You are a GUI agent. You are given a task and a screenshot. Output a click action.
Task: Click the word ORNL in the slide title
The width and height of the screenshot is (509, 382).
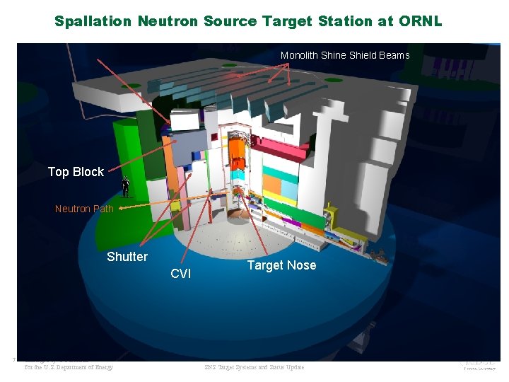point(420,21)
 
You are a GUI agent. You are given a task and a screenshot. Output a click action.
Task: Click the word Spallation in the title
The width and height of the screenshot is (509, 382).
point(93,21)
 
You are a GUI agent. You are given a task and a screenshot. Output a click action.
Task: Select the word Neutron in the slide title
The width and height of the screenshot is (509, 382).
point(168,21)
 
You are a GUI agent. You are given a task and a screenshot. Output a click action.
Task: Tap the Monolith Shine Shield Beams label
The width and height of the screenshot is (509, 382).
point(345,55)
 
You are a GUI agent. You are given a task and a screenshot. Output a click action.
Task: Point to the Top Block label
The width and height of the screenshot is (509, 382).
point(76,172)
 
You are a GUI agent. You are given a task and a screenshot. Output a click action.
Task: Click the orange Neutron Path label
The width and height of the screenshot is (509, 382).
point(84,209)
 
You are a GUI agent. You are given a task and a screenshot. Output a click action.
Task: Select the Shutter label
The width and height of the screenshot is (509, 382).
point(127,257)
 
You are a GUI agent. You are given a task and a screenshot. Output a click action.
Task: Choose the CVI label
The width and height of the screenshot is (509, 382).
point(181,274)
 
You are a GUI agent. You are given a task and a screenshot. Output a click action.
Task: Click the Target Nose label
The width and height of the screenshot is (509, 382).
point(281,265)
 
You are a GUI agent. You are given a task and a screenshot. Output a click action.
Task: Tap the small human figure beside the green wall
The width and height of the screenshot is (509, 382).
point(125,187)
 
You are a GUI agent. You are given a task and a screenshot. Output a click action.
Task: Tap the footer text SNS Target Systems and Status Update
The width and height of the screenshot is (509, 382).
point(254,367)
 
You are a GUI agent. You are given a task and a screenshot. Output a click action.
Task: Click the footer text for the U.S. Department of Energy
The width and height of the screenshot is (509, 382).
point(69,367)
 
